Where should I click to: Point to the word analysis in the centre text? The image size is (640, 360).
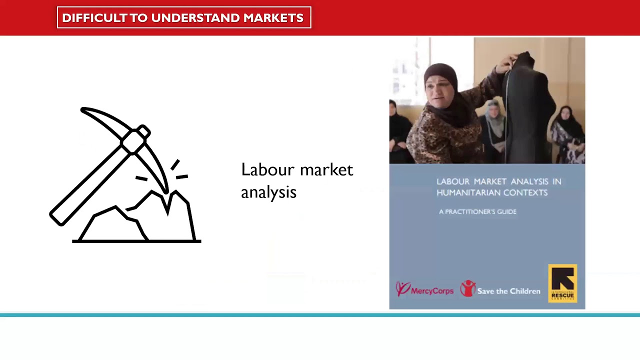pos(268,192)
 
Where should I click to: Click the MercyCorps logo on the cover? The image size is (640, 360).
pos(424,289)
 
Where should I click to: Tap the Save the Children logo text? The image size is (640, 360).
pos(508,291)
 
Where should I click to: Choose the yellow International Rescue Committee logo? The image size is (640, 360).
pos(562,283)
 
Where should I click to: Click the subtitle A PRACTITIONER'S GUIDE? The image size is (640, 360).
pos(477,211)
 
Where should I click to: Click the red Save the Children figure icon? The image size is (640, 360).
pos(467,288)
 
